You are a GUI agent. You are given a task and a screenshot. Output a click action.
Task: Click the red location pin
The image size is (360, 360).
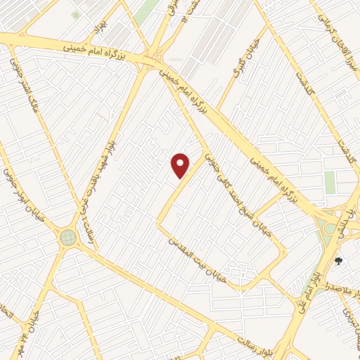(x=181, y=165)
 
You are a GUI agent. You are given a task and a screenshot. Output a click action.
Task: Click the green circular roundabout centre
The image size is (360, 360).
(x=68, y=237)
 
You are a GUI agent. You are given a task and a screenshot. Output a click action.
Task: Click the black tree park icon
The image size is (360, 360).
(x=339, y=261)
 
